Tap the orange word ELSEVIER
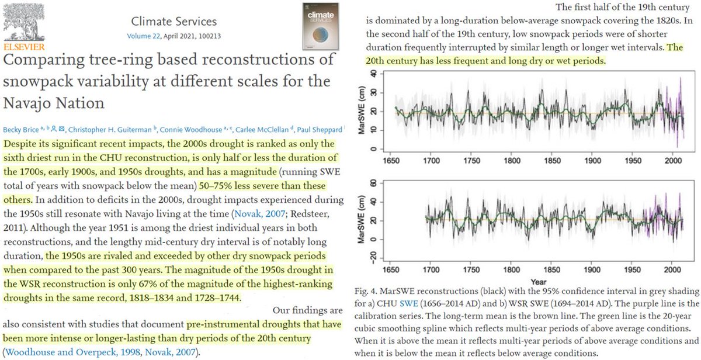[x=21, y=44]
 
